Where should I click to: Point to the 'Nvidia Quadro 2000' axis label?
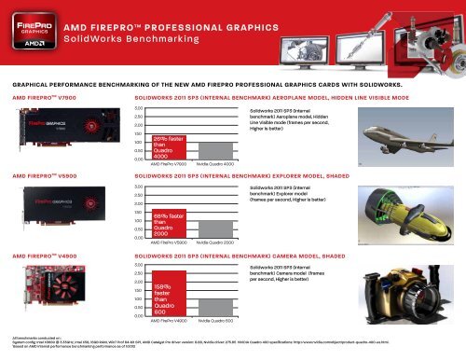[x=216, y=242]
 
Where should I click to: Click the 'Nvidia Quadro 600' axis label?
[x=216, y=321]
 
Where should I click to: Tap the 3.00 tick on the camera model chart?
[x=139, y=265]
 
